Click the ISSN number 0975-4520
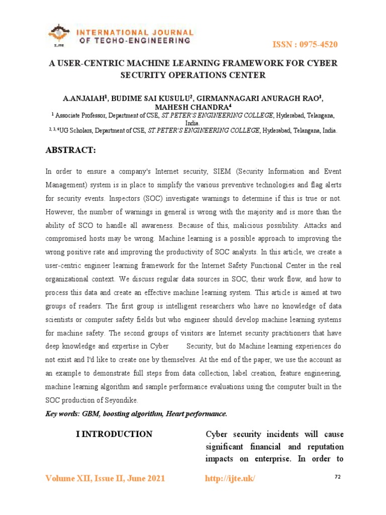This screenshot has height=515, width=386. point(319,45)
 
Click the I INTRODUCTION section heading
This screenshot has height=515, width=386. point(114,434)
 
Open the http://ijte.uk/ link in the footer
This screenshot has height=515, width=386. point(230,478)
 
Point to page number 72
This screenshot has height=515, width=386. point(338,477)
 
